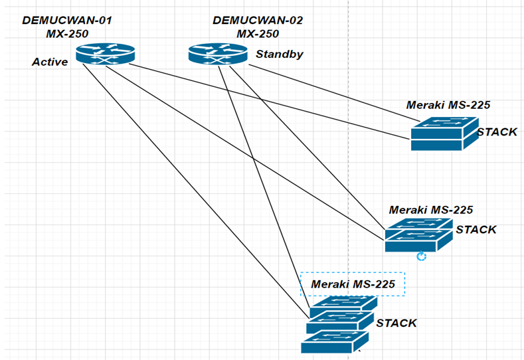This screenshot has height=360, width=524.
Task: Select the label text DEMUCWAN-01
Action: [67, 21]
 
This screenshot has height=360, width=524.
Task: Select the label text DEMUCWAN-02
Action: [258, 21]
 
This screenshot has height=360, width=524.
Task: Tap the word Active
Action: [50, 62]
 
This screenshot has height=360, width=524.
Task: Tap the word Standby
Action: [279, 54]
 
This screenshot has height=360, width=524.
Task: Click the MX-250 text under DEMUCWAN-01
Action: [67, 34]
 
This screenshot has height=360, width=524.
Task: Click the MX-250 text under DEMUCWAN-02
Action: [258, 34]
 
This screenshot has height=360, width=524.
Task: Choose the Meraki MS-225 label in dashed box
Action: [353, 285]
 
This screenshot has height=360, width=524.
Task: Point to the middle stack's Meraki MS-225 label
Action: [431, 209]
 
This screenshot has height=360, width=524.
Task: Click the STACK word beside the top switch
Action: [497, 132]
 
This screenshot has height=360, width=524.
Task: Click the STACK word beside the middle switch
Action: [476, 230]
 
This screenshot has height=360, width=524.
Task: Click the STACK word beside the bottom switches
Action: [396, 323]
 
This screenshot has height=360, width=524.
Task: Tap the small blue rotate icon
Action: [420, 256]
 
